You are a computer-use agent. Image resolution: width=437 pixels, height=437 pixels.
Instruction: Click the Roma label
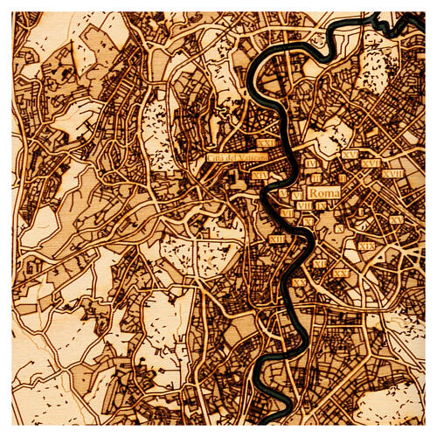click(x=324, y=193)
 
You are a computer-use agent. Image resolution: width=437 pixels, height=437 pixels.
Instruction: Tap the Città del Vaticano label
click(x=237, y=157)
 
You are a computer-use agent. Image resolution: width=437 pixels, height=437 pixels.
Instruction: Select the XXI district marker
click(x=266, y=143)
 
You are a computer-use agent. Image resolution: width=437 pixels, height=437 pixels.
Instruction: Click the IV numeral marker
click(x=312, y=163)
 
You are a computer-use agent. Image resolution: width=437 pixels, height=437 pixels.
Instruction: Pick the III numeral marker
click(x=316, y=177)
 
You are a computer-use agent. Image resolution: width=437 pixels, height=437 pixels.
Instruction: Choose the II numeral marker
click(x=343, y=177)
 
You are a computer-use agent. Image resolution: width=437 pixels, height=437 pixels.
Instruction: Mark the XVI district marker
click(x=371, y=163)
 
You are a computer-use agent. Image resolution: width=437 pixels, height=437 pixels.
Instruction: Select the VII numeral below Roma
click(x=304, y=205)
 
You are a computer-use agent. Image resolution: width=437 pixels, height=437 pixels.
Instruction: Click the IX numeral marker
click(x=322, y=205)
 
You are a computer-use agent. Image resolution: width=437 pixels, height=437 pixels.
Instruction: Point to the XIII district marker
click(x=277, y=239)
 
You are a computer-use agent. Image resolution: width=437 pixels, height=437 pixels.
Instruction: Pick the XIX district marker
click(x=366, y=246)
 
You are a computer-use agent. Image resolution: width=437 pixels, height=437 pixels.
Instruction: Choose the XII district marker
click(x=319, y=263)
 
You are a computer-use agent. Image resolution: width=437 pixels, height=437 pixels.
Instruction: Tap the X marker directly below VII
click(x=309, y=222)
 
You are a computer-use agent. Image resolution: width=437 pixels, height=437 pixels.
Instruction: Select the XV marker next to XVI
click(x=350, y=155)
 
